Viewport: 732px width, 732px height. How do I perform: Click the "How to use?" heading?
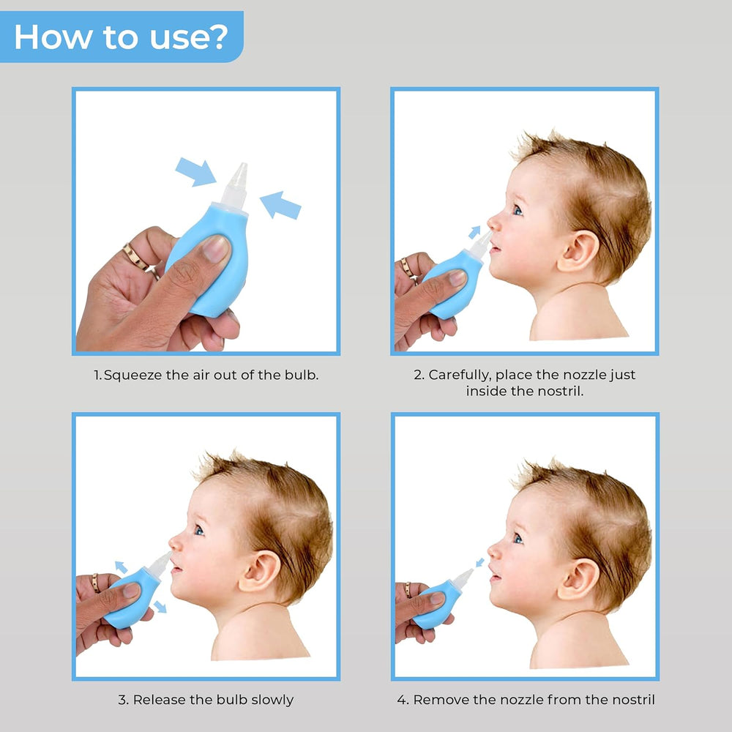pyautogui.click(x=121, y=37)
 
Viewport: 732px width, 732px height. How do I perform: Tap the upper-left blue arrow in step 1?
pyautogui.click(x=195, y=171)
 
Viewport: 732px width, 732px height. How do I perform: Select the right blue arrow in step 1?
pyautogui.click(x=280, y=205)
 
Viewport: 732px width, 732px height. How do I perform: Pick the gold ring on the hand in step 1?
pyautogui.click(x=135, y=258)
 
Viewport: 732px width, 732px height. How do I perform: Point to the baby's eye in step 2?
pyautogui.click(x=518, y=210)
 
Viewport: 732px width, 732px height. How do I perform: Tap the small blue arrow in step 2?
pyautogui.click(x=474, y=232)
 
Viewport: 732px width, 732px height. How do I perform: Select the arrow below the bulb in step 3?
pyautogui.click(x=160, y=606)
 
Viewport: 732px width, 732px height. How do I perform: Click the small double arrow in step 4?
pyautogui.click(x=480, y=562)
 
